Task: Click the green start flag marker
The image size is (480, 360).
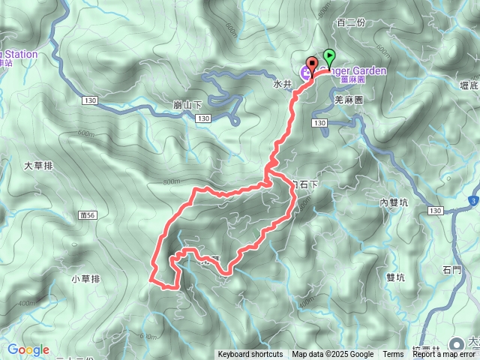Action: pyautogui.click(x=329, y=57)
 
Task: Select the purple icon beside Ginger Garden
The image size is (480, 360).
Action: pyautogui.click(x=305, y=72)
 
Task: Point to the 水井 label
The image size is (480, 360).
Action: pyautogui.click(x=281, y=85)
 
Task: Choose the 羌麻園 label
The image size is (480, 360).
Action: pyautogui.click(x=349, y=98)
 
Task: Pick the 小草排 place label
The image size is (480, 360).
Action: pyautogui.click(x=85, y=279)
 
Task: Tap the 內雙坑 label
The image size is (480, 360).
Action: pyautogui.click(x=393, y=202)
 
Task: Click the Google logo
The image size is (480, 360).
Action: pyautogui.click(x=28, y=349)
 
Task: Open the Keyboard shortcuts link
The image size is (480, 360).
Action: pyautogui.click(x=250, y=355)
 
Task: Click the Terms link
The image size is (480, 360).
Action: pyautogui.click(x=393, y=355)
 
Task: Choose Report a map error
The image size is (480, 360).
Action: pyautogui.click(x=444, y=355)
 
